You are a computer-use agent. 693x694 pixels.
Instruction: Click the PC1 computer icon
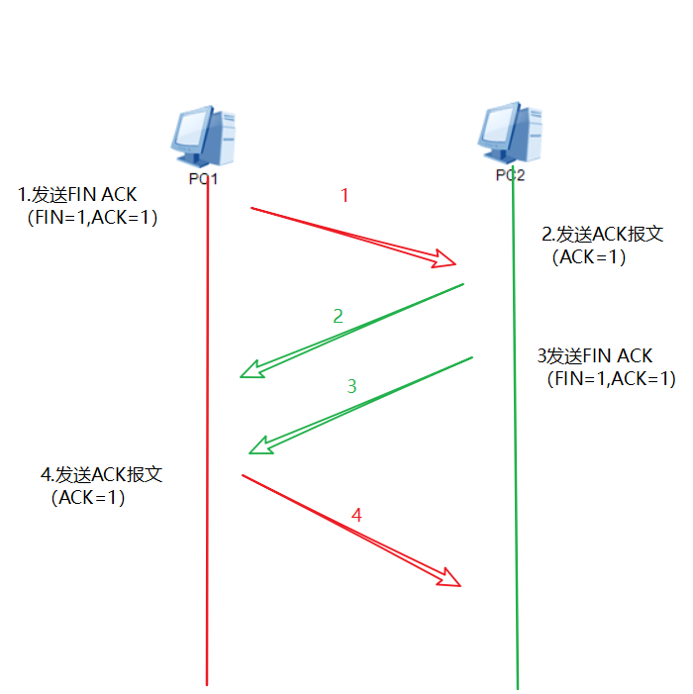point(205,137)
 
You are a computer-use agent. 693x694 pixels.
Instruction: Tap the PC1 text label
point(203,180)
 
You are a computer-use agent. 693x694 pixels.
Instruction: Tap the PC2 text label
point(510,175)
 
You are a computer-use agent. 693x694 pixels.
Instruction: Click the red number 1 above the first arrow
point(345,196)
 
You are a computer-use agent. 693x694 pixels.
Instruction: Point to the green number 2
point(338,317)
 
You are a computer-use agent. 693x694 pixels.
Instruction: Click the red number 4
point(357,516)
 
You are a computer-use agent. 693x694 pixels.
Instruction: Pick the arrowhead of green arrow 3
point(260,446)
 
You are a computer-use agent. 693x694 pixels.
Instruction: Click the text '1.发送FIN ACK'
point(77,195)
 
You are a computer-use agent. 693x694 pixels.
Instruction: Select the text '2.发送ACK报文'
point(602,235)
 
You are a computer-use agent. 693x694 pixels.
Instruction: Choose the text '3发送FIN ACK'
point(595,356)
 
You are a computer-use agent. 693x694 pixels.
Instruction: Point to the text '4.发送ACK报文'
point(101,475)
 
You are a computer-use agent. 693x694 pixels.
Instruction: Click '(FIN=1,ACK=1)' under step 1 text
point(92,217)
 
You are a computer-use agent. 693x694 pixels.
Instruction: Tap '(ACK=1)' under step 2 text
point(589,256)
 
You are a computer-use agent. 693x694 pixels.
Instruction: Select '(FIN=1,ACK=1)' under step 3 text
point(610,378)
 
